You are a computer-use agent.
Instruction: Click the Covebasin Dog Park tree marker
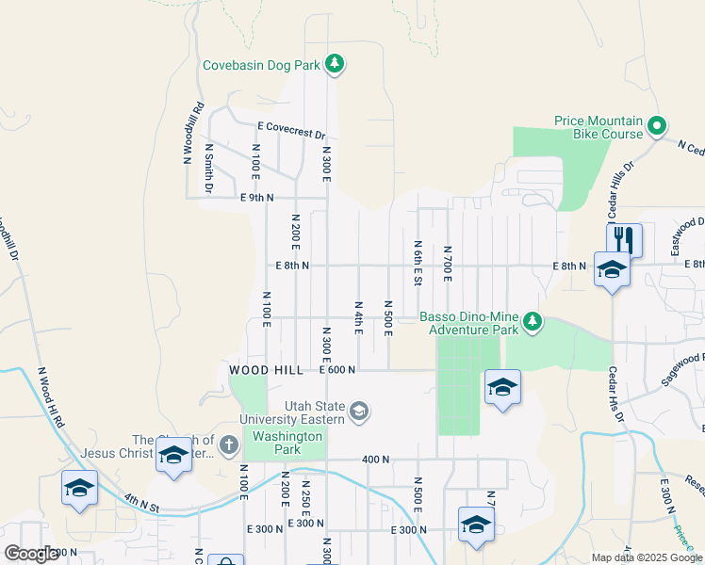click(334, 64)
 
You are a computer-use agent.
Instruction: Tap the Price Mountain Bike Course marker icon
click(658, 124)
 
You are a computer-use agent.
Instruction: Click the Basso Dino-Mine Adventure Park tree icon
click(533, 323)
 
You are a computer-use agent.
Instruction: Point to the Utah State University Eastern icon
click(359, 411)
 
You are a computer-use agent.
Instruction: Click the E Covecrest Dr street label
click(291, 129)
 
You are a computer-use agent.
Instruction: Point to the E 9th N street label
click(256, 198)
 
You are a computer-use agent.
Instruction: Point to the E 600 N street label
click(336, 370)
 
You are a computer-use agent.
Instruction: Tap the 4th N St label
click(143, 511)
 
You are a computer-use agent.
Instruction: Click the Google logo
click(31, 554)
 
